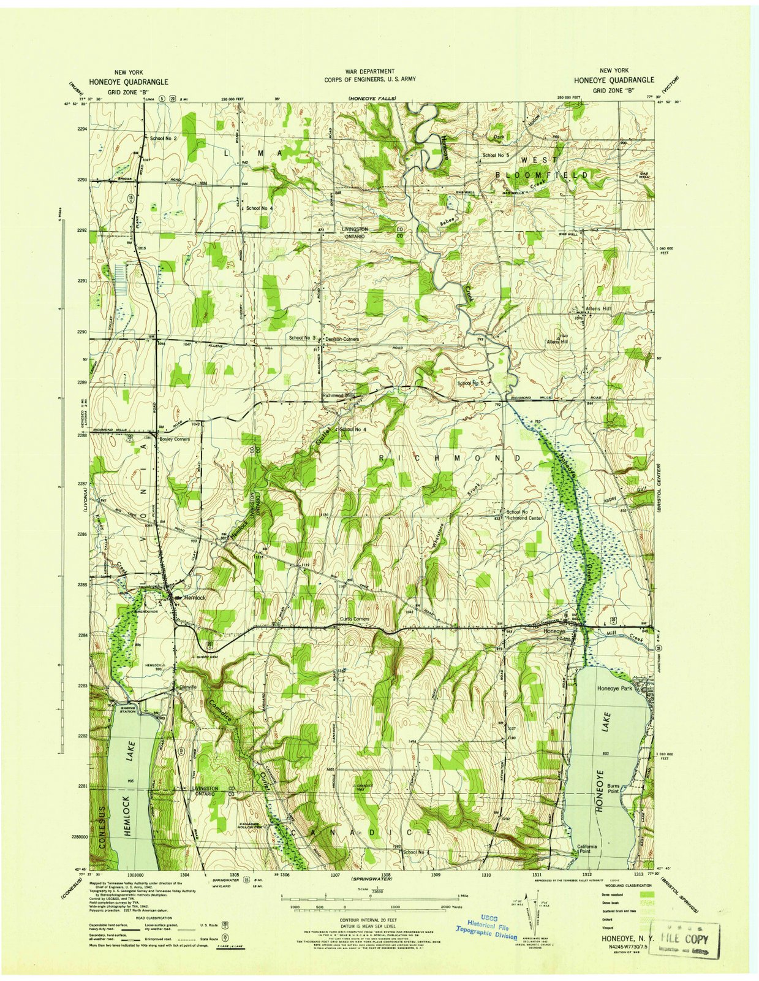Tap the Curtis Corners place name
click(355, 619)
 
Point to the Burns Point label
click(614, 788)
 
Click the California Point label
click(587, 849)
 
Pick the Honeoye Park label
click(614, 689)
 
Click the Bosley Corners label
click(175, 439)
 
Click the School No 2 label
click(164, 139)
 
